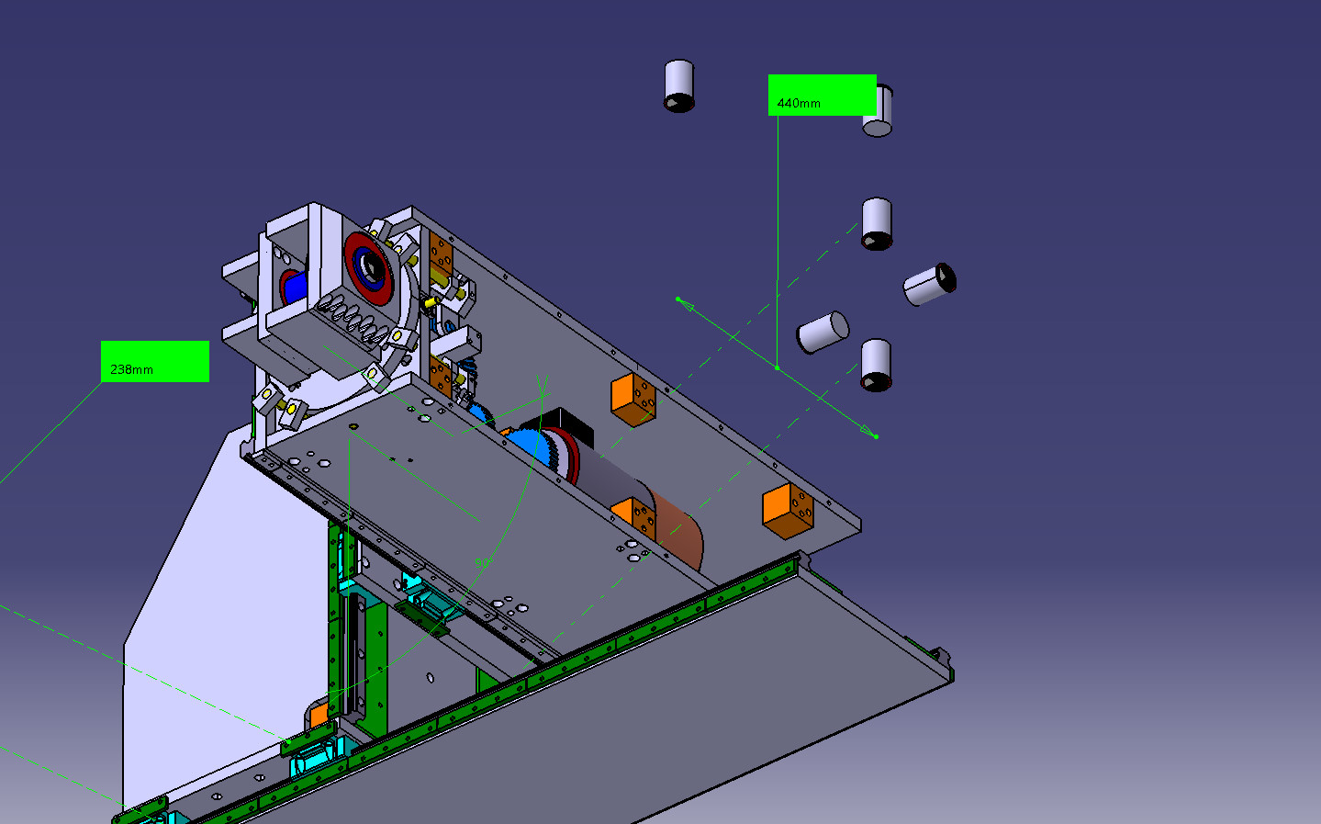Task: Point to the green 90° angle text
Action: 483,562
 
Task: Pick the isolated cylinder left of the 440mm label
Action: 678,85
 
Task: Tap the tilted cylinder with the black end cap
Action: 930,284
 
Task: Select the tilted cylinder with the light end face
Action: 823,333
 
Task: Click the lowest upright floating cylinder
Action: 876,365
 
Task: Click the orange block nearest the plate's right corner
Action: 788,511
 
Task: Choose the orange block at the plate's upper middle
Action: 633,400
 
